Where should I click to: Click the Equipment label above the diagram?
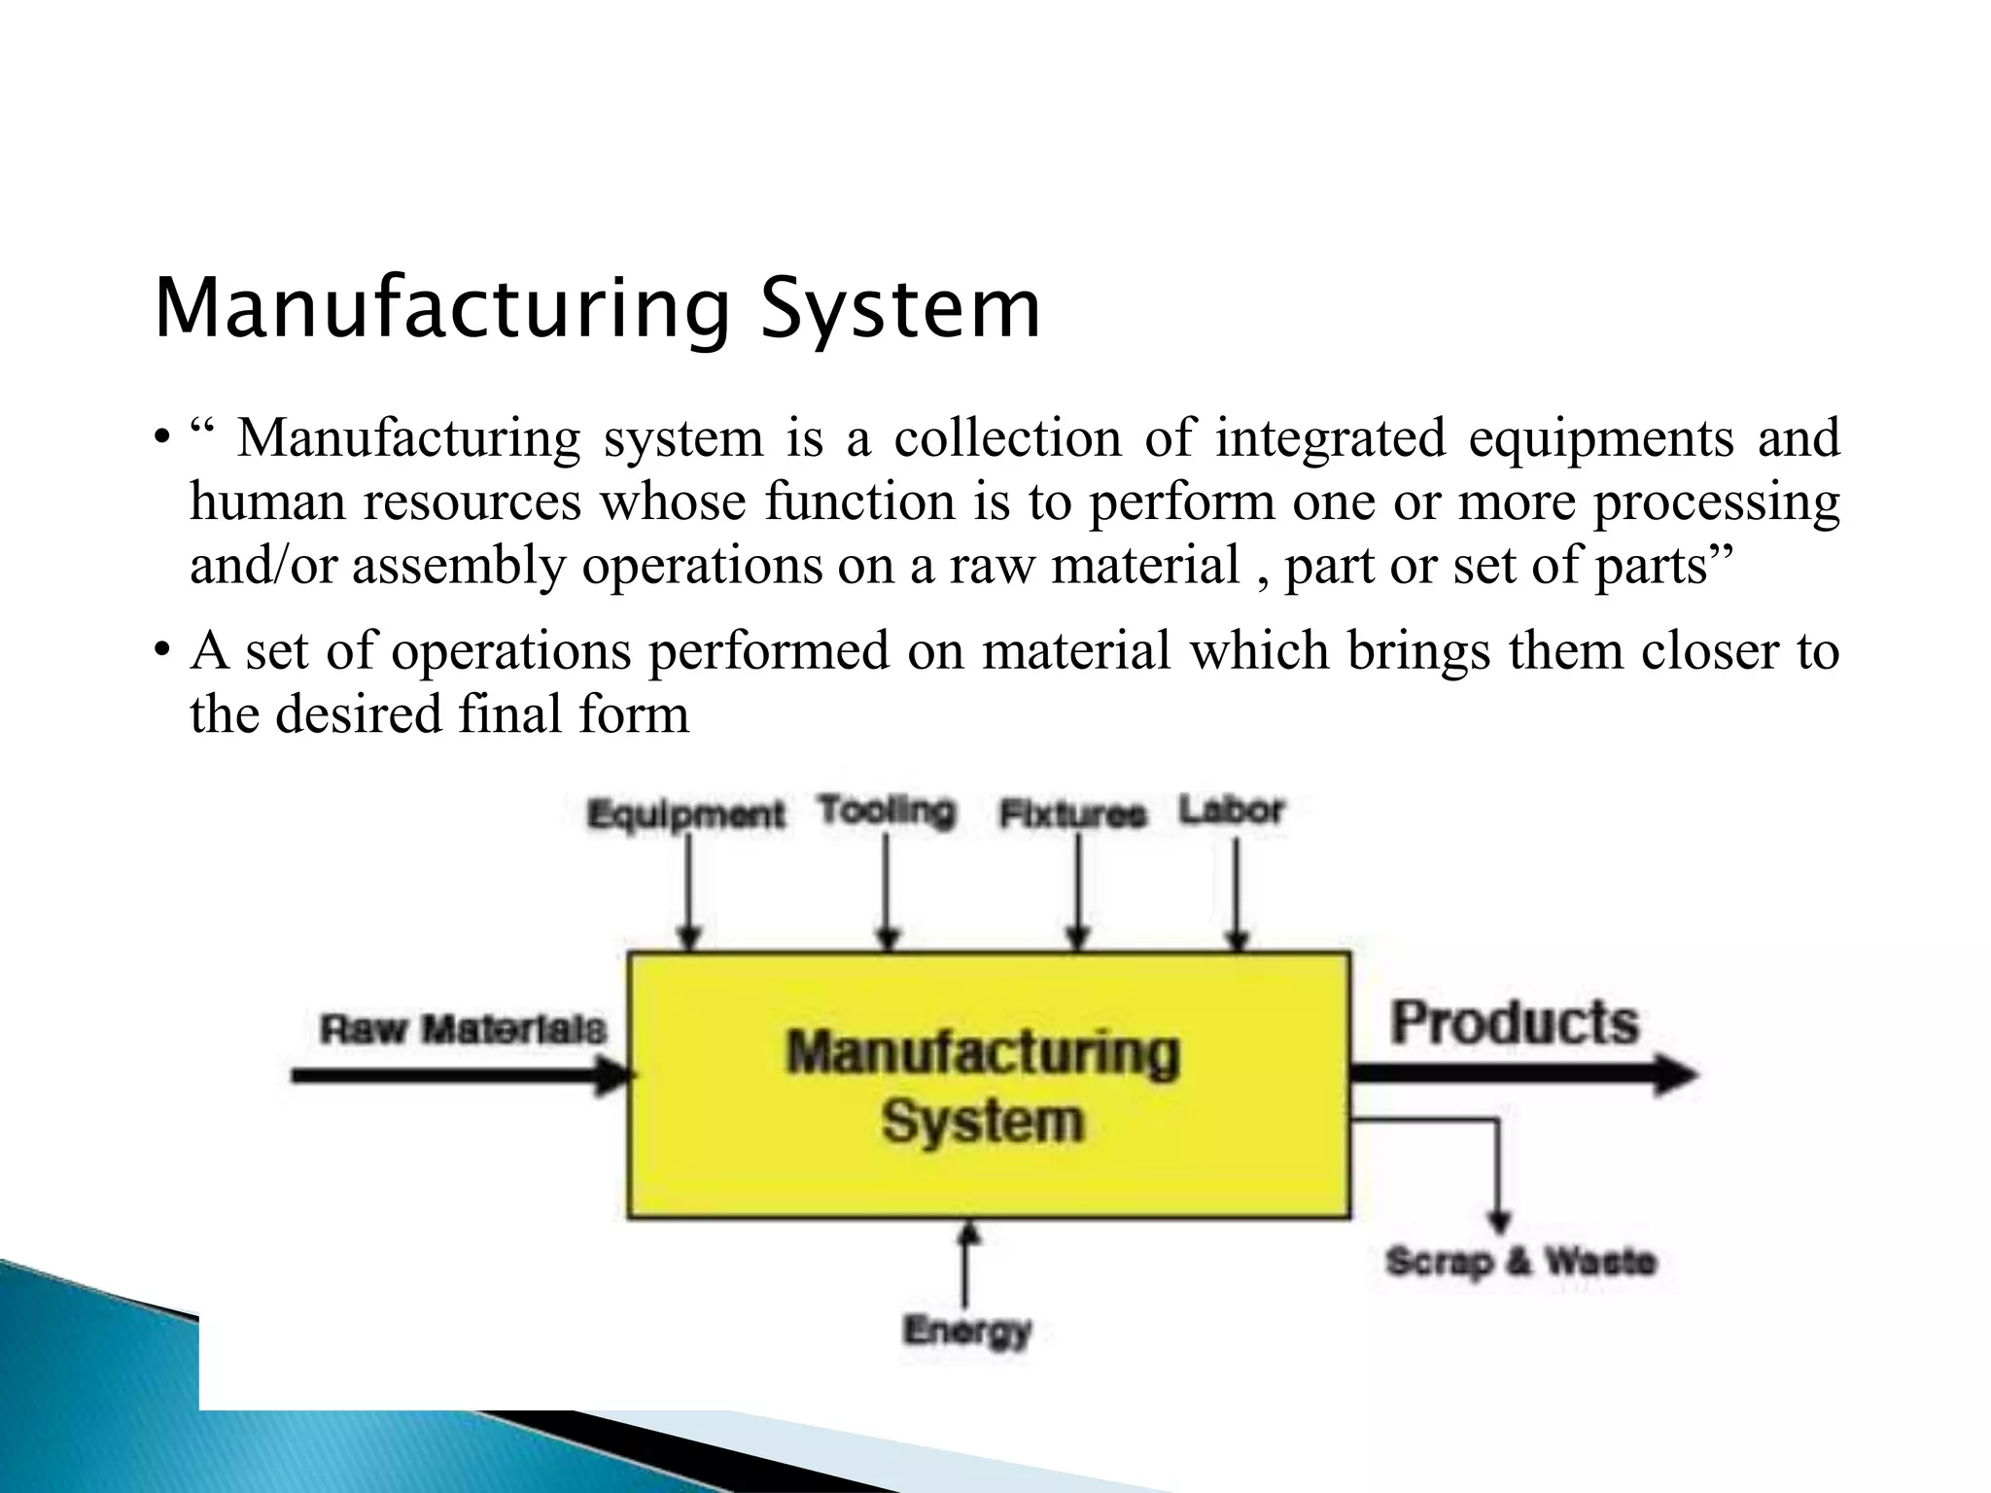pyautogui.click(x=685, y=815)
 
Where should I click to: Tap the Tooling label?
pyautogui.click(x=887, y=811)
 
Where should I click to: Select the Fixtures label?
pyautogui.click(x=1073, y=814)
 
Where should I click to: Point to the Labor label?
pyautogui.click(x=1232, y=810)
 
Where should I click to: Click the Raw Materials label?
pyautogui.click(x=463, y=1028)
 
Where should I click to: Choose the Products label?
pyautogui.click(x=1514, y=1023)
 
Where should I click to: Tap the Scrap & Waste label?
pyautogui.click(x=1520, y=1261)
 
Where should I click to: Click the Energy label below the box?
pyautogui.click(x=966, y=1330)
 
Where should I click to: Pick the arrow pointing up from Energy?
pyautogui.click(x=966, y=1264)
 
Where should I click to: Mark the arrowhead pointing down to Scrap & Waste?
pyautogui.click(x=1499, y=1221)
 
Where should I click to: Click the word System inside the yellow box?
pyautogui.click(x=982, y=1122)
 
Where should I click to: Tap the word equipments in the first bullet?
pyautogui.click(x=1600, y=437)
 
